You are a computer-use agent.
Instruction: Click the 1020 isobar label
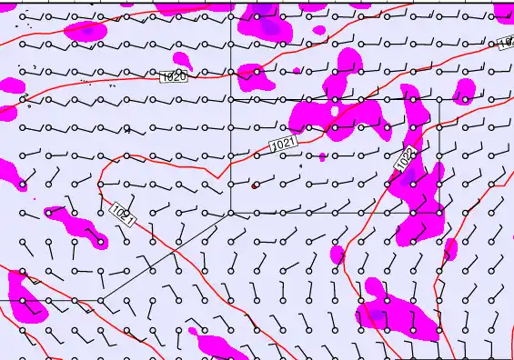(174, 77)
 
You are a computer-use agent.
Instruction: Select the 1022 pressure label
(406, 159)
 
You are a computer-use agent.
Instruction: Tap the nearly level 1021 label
(284, 144)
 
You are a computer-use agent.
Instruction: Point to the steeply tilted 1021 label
(123, 215)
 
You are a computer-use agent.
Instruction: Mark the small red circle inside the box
(255, 185)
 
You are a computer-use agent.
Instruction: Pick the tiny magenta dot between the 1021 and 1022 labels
(322, 157)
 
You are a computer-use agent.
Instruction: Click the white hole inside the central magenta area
(335, 111)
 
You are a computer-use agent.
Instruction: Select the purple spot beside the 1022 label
(409, 175)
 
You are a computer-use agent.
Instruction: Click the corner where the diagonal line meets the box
(230, 213)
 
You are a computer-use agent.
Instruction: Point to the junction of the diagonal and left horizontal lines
(101, 300)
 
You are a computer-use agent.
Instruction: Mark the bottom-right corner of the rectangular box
(440, 213)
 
